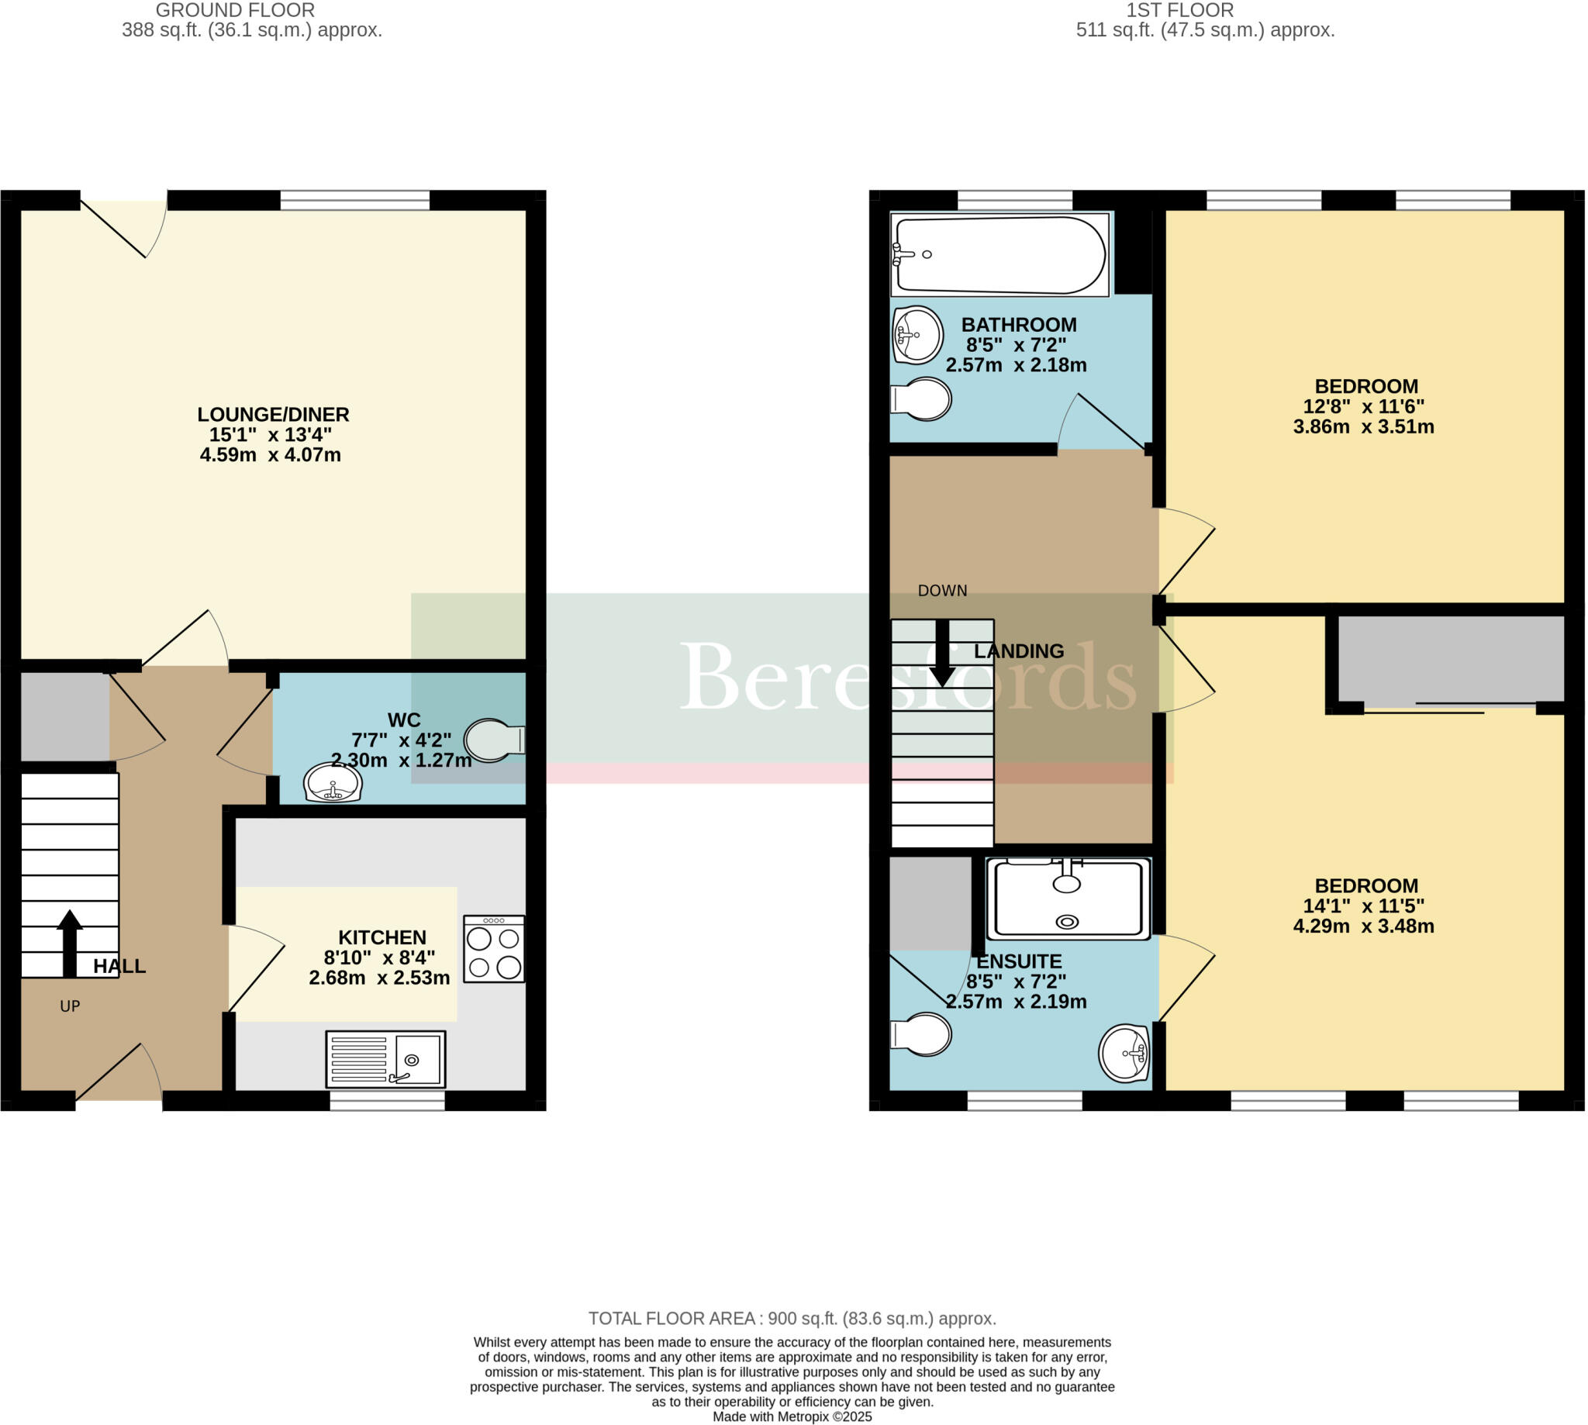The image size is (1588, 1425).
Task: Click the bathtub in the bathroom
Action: click(x=1000, y=254)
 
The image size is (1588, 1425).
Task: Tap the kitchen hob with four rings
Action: click(x=493, y=949)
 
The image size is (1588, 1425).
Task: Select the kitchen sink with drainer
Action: click(x=385, y=1059)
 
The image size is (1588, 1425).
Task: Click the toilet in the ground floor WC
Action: click(x=493, y=740)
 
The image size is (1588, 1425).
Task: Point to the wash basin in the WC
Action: click(x=333, y=782)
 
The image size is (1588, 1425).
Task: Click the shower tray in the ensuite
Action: click(x=1068, y=899)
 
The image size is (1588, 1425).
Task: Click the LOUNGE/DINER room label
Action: click(x=272, y=414)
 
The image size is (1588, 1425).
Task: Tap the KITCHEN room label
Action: click(x=382, y=937)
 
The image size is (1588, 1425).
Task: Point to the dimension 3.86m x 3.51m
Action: click(x=1363, y=426)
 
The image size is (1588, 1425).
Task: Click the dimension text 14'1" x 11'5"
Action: click(x=1363, y=906)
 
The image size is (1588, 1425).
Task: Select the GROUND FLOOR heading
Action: click(x=235, y=10)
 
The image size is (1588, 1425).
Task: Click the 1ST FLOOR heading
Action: click(x=1179, y=10)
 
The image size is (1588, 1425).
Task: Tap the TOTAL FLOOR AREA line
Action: click(x=792, y=1319)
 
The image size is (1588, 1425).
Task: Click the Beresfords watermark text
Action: click(x=908, y=678)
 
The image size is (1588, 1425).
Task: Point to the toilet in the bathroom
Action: click(x=922, y=399)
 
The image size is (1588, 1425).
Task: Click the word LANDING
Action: click(x=1019, y=650)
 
